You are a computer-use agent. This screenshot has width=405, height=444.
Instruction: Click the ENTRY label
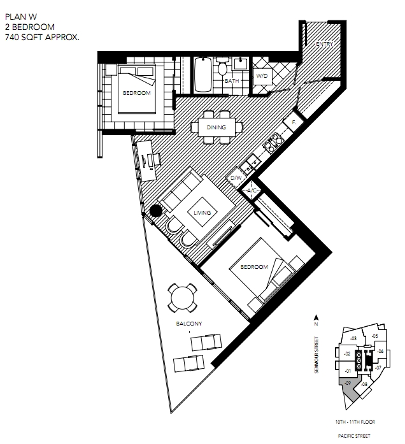point(324,44)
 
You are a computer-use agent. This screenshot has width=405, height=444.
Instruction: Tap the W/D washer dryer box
point(262,76)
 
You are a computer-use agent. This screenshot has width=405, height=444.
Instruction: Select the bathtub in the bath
point(202,75)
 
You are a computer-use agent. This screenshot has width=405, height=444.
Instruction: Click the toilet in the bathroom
point(222,66)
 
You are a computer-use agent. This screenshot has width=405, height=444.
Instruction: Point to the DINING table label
point(217,127)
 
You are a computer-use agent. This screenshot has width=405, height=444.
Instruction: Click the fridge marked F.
point(294,122)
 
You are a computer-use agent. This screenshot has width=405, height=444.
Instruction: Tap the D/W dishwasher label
point(236,178)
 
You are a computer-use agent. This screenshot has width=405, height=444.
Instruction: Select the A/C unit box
point(252,190)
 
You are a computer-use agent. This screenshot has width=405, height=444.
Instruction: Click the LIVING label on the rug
point(202,213)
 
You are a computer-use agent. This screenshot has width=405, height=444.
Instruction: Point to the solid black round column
point(155,211)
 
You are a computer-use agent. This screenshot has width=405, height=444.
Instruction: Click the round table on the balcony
point(183,298)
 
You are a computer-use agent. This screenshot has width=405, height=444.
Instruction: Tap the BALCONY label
point(188,324)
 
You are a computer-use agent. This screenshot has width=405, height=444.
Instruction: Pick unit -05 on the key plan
point(374,336)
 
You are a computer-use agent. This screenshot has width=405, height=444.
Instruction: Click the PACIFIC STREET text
point(354,436)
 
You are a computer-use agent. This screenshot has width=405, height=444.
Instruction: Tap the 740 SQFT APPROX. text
point(42,37)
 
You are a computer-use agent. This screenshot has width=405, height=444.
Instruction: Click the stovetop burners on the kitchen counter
point(273,143)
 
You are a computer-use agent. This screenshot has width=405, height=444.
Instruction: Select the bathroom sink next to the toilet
point(241,64)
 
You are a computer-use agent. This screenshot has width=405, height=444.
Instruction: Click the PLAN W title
point(21,17)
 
